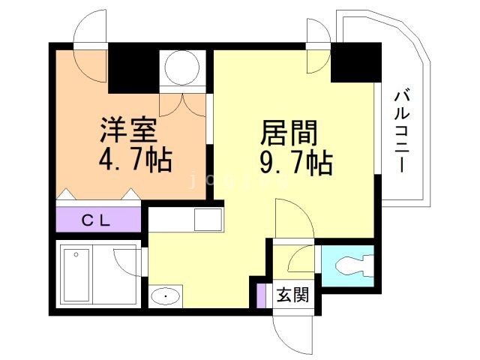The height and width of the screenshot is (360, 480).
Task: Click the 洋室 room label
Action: click(129, 130)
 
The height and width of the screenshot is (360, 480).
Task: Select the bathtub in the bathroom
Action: click(76, 273)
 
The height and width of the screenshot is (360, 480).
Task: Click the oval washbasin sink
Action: click(165, 296)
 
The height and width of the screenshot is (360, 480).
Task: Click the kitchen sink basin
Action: click(207, 220)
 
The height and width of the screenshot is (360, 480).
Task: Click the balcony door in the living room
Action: click(317, 47)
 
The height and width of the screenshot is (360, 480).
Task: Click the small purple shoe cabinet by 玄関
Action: click(261, 294)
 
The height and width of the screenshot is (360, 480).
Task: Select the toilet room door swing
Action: click(301, 259)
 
